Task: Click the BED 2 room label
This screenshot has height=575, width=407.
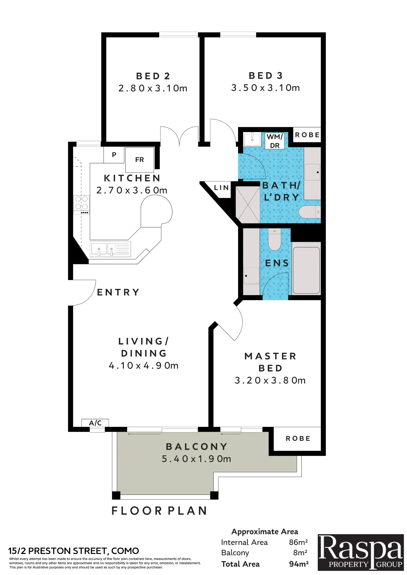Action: tap(153, 76)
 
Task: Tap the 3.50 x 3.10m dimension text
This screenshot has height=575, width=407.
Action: tap(265, 88)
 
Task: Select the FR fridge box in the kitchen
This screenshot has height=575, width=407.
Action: tap(140, 160)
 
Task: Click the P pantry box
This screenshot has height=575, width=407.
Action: tap(114, 155)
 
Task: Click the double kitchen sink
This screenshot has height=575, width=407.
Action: tap(111, 249)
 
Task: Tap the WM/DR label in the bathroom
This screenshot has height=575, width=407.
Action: tap(275, 141)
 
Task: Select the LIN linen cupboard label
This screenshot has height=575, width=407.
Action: tap(221, 188)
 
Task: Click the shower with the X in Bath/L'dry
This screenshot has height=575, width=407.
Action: tap(248, 204)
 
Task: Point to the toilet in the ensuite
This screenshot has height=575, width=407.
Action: tap(275, 239)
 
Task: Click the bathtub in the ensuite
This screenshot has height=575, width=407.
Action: tap(306, 270)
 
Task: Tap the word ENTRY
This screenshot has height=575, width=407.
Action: tap(118, 292)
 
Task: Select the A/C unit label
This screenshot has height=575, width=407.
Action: tap(95, 423)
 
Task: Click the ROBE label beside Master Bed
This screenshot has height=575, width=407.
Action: tap(298, 438)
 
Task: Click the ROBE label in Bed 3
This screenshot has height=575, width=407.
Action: tap(307, 135)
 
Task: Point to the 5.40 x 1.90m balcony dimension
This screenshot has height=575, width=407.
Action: tap(196, 459)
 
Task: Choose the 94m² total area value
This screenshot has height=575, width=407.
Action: tap(299, 564)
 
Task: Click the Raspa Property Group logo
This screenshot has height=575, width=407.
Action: tap(361, 552)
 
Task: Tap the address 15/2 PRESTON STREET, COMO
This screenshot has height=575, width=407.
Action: tap(74, 551)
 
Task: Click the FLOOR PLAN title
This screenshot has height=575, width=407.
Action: tap(159, 511)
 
